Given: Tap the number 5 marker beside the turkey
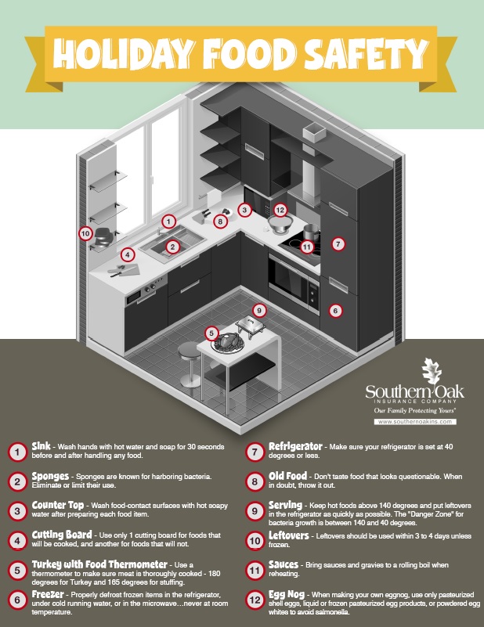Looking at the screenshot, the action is coord(211,333).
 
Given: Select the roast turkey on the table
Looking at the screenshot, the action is coord(228,343).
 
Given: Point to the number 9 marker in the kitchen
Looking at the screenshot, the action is coord(259,310).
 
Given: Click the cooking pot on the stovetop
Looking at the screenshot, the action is coord(311,232).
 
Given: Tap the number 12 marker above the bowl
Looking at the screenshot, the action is coord(280,210).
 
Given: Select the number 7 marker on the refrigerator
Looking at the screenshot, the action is coord(338,243).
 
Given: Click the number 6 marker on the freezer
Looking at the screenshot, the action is coord(335,310).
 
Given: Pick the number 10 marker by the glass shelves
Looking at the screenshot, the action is coord(85,233).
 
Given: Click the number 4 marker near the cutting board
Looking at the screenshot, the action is coord(128,254).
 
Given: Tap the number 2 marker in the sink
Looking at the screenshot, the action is coord(172,247).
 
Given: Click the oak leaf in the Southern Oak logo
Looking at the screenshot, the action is coord(432,371).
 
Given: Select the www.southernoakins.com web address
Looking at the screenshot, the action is coord(415,421).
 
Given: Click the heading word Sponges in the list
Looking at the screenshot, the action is coord(50,476).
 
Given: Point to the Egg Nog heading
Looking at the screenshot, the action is coord(287,594).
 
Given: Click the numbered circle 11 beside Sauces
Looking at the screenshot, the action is coord(255,570).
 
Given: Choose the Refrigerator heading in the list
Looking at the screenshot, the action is coord(295,446).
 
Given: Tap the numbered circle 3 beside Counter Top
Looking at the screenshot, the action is coord(17,511).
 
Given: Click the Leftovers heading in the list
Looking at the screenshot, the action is coord(288,535).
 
